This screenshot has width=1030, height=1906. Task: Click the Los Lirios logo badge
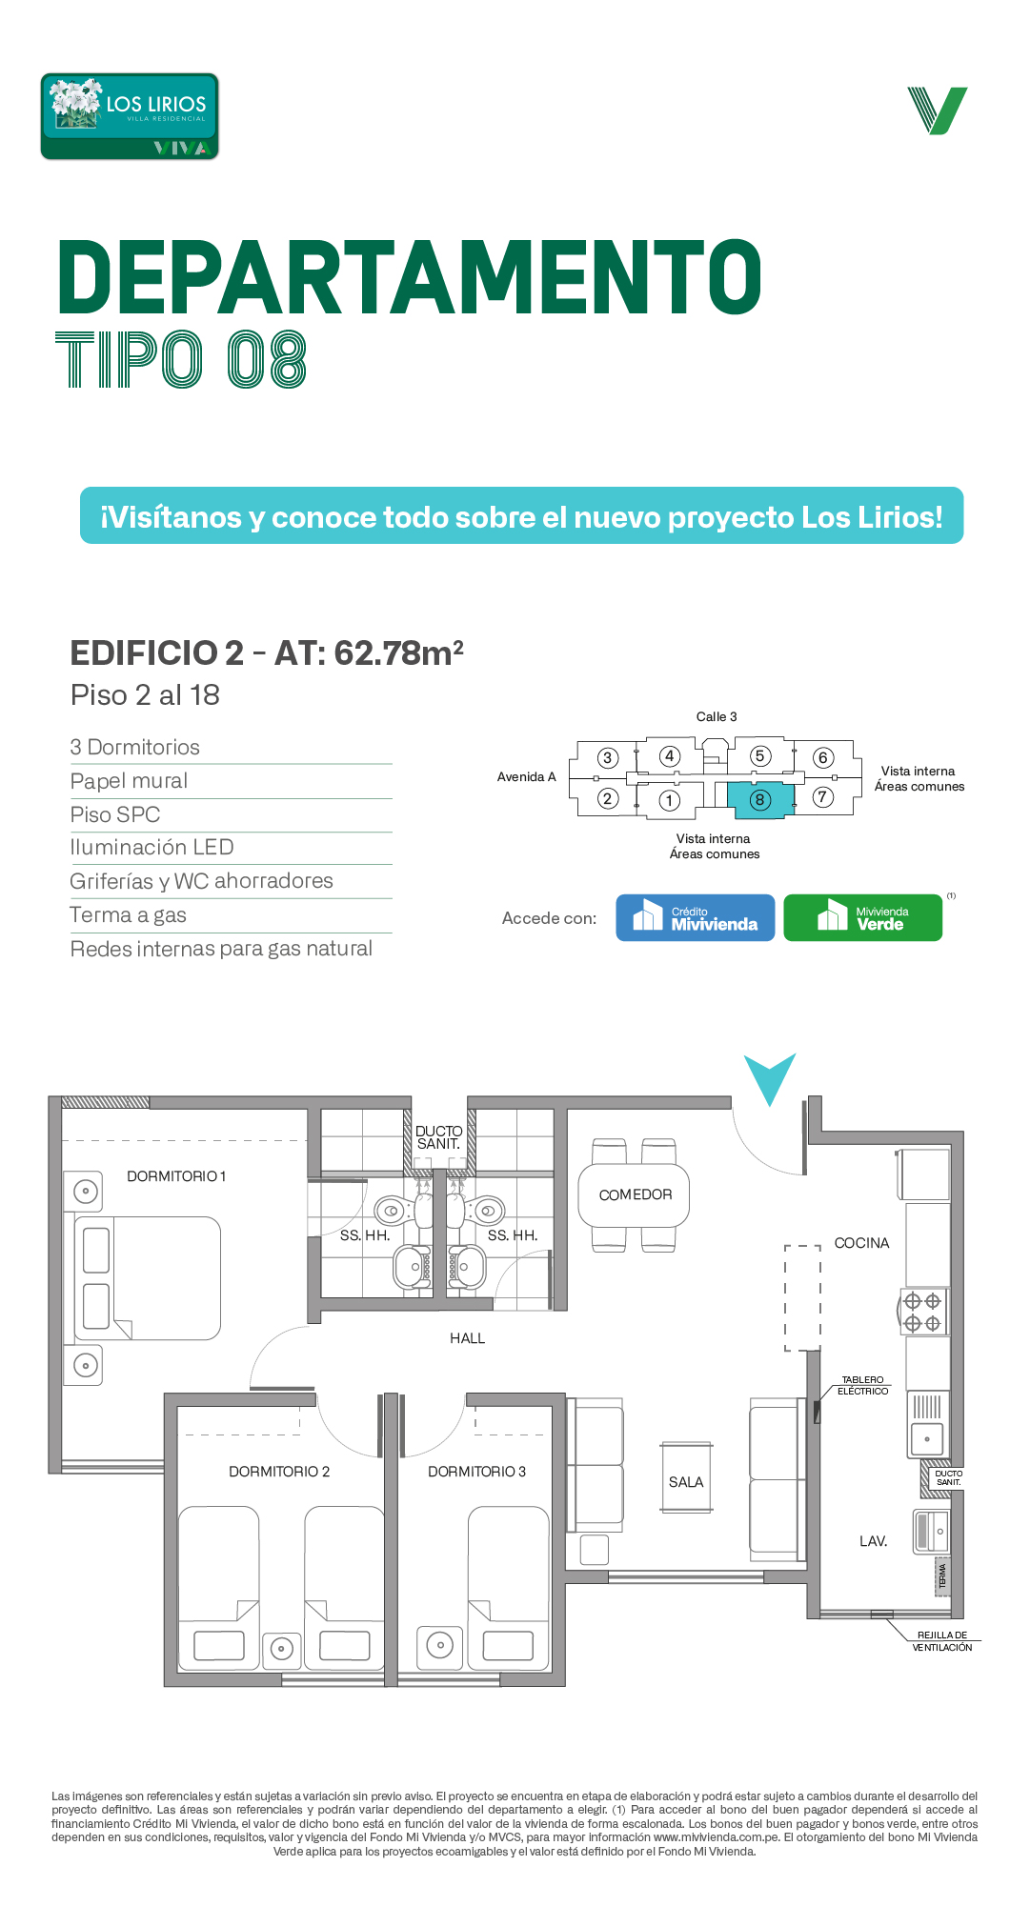tap(130, 116)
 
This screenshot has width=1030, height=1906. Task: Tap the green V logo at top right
tap(938, 110)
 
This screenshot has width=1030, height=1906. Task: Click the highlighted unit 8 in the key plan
tap(760, 800)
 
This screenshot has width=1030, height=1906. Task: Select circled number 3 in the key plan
tap(608, 758)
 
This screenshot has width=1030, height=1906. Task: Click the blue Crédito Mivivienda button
tap(696, 917)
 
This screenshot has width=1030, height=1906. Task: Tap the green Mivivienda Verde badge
tap(862, 917)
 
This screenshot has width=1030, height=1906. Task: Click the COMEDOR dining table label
tap(636, 1194)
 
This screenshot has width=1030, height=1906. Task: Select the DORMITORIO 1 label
tap(176, 1176)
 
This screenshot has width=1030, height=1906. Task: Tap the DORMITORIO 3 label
tap(476, 1472)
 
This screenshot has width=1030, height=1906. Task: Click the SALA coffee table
tap(686, 1477)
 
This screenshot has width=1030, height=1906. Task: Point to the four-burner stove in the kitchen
tap(922, 1312)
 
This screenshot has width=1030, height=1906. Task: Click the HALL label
tap(467, 1338)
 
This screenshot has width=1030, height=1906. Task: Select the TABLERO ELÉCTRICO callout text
tap(862, 1385)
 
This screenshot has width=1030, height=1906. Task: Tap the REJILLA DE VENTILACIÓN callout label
tap(942, 1641)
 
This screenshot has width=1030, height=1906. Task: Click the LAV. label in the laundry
tap(873, 1541)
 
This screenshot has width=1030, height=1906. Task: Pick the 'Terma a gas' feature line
tap(129, 915)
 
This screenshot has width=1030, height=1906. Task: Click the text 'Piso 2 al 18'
tap(145, 695)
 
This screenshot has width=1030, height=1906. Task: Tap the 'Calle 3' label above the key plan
tap(717, 716)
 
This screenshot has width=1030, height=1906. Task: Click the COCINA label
tap(861, 1243)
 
